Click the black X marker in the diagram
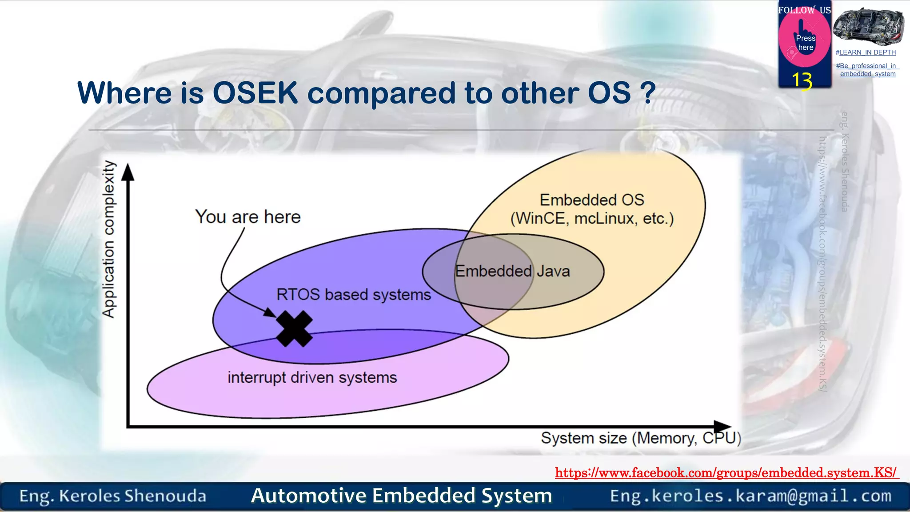click(x=294, y=329)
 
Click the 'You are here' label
click(x=248, y=217)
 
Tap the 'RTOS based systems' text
click(x=354, y=295)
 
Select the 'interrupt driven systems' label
click(x=312, y=378)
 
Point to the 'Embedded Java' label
click(x=512, y=271)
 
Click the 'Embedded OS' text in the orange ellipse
click(x=592, y=200)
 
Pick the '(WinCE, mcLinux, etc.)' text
click(x=592, y=219)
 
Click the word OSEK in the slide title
click(x=255, y=93)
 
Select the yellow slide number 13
click(x=802, y=80)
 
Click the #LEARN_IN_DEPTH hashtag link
click(x=866, y=52)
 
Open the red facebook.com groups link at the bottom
click(x=726, y=473)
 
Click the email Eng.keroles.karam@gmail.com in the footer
click(x=750, y=496)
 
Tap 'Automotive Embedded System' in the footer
click(x=401, y=496)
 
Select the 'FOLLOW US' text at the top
click(x=804, y=10)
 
